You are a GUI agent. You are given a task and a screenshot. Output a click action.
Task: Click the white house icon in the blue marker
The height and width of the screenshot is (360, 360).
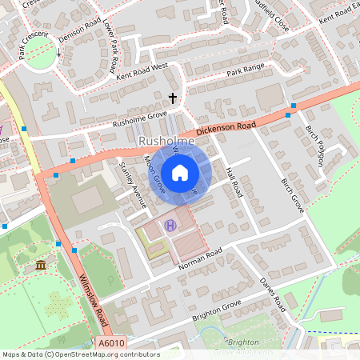point(180,172)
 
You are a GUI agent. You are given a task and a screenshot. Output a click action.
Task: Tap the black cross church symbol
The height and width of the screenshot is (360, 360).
point(171,98)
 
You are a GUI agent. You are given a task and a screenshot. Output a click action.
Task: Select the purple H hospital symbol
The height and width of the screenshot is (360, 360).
point(170,226)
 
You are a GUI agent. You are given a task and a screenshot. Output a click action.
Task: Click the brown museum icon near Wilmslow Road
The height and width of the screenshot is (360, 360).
point(41,265)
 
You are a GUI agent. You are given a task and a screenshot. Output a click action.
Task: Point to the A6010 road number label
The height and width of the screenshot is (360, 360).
point(113,343)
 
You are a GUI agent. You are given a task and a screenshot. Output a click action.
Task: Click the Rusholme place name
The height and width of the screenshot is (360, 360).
point(166,142)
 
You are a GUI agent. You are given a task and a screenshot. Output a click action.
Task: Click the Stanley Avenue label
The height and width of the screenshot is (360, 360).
point(133,186)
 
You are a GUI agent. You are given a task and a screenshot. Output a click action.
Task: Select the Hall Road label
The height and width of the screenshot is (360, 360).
point(234,179)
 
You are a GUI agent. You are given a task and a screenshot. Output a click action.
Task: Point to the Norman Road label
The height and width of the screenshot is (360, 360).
point(201,260)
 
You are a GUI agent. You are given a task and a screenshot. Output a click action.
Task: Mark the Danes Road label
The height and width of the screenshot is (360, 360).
point(273,294)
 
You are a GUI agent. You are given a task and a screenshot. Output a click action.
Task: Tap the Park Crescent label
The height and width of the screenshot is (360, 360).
point(34,47)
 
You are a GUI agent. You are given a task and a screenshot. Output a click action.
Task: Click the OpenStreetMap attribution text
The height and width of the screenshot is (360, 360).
point(80,354)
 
